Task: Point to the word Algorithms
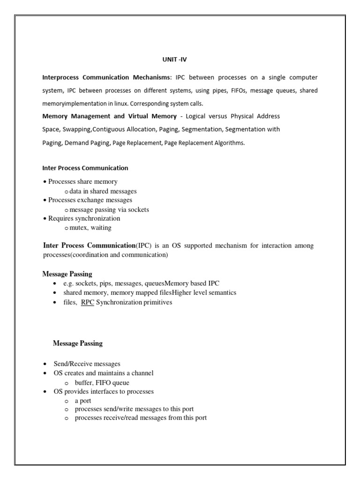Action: pos(230,143)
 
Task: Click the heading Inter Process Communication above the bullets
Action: pos(85,168)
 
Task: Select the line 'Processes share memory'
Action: pos(83,181)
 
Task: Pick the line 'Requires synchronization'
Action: pos(84,218)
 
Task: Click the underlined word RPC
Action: pos(87,302)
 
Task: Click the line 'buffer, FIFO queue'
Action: pos(102,382)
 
